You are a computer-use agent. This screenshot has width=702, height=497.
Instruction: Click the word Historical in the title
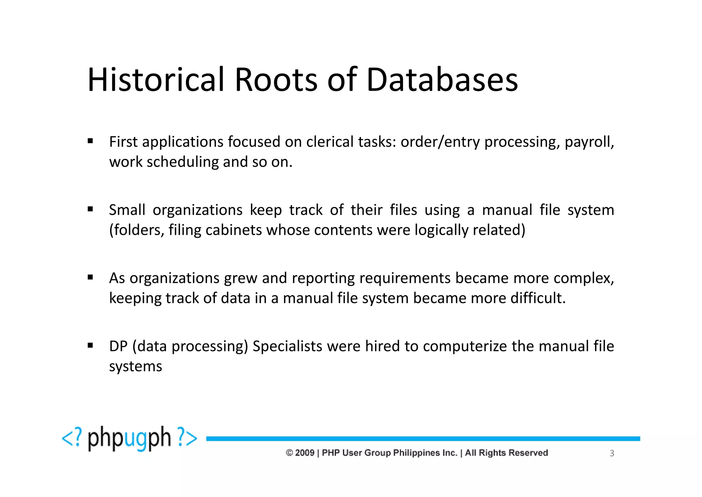coord(156,80)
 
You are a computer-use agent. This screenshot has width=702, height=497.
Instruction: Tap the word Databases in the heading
coord(442,80)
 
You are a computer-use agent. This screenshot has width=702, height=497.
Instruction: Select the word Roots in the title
coord(276,80)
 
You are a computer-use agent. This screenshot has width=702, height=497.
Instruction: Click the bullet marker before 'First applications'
coord(90,141)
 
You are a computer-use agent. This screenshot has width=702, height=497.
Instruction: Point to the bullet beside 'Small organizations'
coord(90,209)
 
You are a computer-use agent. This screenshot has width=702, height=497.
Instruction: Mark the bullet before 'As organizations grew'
coord(90,277)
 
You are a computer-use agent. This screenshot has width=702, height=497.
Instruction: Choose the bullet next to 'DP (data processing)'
coord(90,345)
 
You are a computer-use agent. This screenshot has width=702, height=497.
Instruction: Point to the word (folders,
coord(136,230)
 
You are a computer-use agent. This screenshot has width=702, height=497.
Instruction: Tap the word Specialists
coord(287,346)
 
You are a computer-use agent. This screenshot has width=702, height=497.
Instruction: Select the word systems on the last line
coord(135,367)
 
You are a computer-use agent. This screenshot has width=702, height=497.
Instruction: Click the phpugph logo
coord(129,438)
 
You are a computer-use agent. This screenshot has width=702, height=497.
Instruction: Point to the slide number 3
coord(612,453)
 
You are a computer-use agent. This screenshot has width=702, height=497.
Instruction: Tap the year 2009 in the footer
coord(304,453)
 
